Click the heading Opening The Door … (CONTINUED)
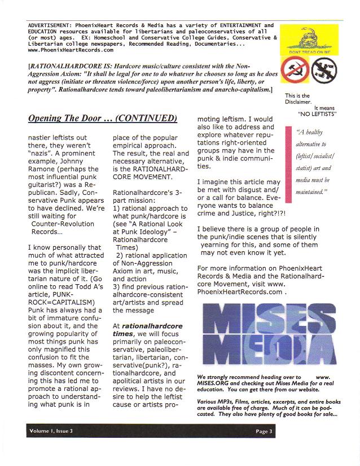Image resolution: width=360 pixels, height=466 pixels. click(103, 119)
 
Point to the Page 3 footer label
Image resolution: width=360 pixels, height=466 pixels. click(264, 432)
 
